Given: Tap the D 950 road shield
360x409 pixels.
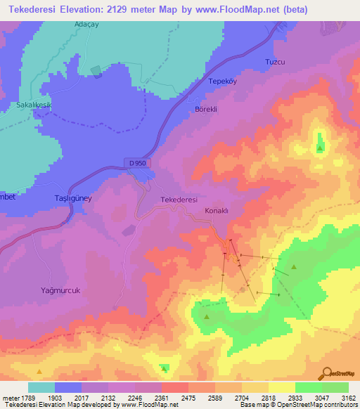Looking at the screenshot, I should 139,163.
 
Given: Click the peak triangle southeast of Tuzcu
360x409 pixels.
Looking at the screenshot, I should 320,148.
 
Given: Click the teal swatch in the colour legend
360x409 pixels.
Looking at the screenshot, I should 41,387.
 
